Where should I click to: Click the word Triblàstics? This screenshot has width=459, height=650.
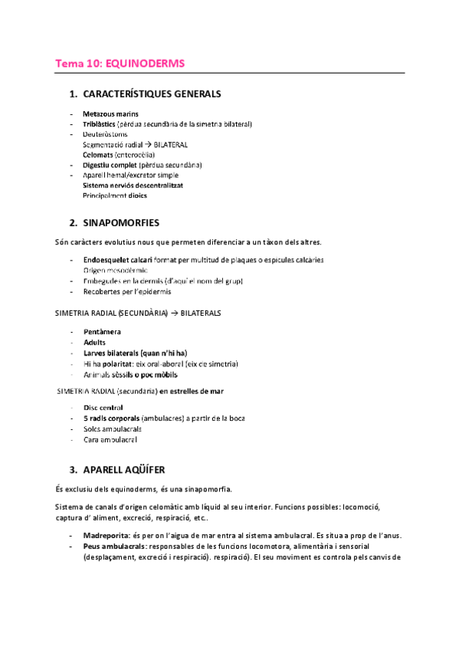tap(99, 124)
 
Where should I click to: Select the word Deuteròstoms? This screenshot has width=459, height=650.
tap(105, 134)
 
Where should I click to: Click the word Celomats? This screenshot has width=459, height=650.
tap(97, 155)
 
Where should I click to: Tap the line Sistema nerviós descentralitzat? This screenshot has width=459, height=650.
tap(133, 185)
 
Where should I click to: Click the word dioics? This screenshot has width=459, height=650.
tap(137, 195)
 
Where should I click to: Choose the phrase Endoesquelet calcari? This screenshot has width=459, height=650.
tap(115, 260)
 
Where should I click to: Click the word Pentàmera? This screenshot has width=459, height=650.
tap(101, 332)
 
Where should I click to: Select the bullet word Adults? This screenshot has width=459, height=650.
tap(95, 343)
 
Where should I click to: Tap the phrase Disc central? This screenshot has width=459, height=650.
tap(103, 408)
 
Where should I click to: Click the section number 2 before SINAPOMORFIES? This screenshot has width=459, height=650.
tap(72, 223)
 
